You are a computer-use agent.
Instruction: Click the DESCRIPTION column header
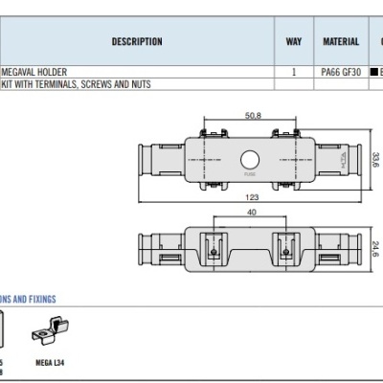click(x=137, y=42)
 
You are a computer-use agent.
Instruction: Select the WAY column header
click(x=294, y=42)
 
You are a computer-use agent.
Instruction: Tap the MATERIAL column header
click(x=340, y=42)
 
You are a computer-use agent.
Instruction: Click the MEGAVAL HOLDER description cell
click(x=34, y=72)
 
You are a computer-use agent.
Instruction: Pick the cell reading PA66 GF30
click(x=340, y=72)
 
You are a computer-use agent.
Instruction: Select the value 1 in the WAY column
click(x=294, y=72)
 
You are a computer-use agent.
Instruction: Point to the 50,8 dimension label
click(x=253, y=115)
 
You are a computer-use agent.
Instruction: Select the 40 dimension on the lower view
click(x=252, y=213)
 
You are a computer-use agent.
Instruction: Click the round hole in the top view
click(x=251, y=159)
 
